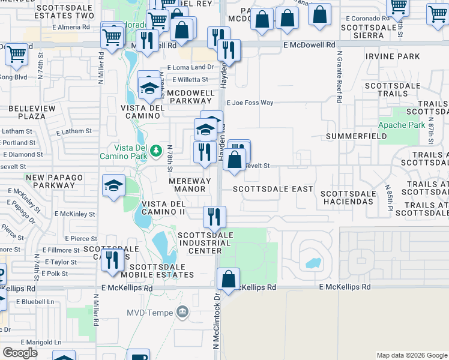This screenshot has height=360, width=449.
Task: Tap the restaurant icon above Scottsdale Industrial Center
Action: click(214, 218)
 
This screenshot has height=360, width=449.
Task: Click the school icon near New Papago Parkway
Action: click(113, 185)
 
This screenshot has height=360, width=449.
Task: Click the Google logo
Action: click(20, 353)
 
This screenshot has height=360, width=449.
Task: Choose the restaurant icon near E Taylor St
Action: click(112, 260)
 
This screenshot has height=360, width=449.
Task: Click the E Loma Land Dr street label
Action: click(190, 68)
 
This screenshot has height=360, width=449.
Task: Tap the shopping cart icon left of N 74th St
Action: click(16, 55)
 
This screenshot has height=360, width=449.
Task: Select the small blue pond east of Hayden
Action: click(313, 263)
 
